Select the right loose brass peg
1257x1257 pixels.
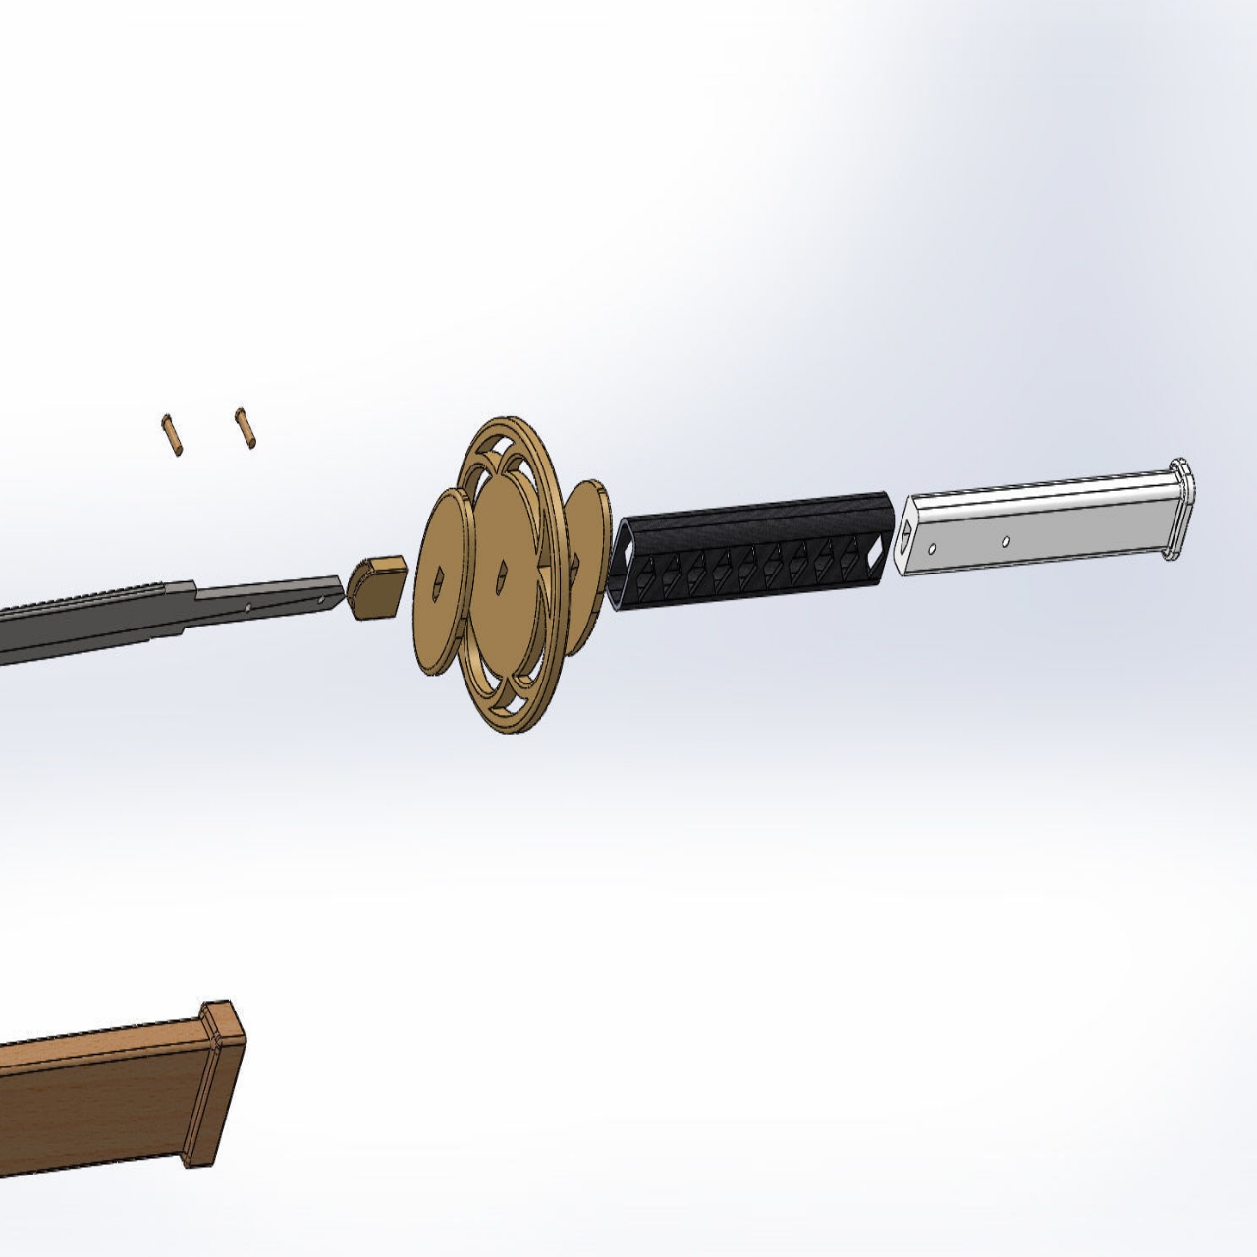(x=246, y=428)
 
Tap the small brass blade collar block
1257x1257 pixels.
(x=373, y=587)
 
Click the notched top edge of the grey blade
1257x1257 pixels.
(x=88, y=599)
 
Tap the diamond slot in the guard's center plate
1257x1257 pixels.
(x=502, y=570)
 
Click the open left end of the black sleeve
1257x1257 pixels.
(x=624, y=568)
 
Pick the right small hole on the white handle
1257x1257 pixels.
(x=1005, y=539)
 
